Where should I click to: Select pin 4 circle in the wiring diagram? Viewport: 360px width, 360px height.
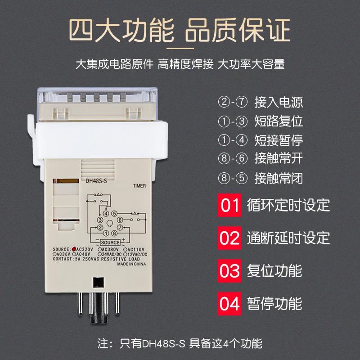(x=106, y=213)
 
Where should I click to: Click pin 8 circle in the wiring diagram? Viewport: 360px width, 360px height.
(x=115, y=233)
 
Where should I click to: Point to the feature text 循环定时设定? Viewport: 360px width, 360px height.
(x=288, y=206)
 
